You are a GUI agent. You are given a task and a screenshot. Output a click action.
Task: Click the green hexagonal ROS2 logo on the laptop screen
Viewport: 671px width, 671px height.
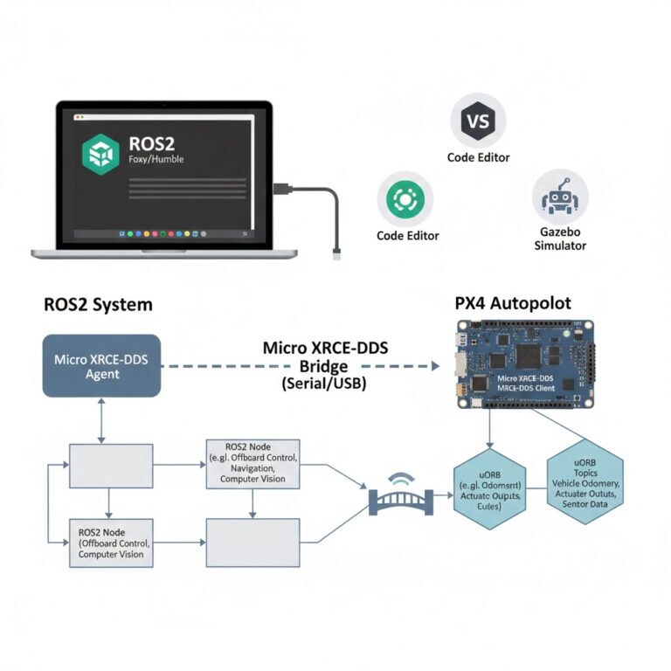tap(99, 154)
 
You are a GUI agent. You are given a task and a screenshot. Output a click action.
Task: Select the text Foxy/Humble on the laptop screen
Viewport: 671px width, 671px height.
tap(156, 160)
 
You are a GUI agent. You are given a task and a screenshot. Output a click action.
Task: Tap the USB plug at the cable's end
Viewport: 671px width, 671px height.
tap(336, 254)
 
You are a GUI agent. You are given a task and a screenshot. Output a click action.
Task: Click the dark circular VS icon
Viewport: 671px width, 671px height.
tap(478, 121)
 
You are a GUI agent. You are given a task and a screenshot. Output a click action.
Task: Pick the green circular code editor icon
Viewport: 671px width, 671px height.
tap(405, 200)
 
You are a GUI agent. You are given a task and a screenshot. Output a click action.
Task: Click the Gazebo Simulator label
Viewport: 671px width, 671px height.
tap(560, 239)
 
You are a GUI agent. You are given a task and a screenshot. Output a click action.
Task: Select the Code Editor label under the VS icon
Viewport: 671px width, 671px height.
tap(478, 158)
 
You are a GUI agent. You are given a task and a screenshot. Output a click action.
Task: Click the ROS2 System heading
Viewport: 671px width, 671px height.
tap(98, 304)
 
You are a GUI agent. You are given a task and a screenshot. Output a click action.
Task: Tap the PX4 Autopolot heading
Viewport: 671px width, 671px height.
tap(513, 303)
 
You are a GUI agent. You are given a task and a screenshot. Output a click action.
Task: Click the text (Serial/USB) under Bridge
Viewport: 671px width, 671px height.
tap(325, 383)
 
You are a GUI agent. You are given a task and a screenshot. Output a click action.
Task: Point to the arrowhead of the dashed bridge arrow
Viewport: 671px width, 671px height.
tap(434, 367)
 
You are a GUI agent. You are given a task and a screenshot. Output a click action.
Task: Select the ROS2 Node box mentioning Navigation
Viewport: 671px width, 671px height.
tap(252, 463)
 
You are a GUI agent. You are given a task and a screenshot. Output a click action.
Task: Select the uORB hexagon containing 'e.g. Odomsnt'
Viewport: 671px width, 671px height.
tap(489, 488)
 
